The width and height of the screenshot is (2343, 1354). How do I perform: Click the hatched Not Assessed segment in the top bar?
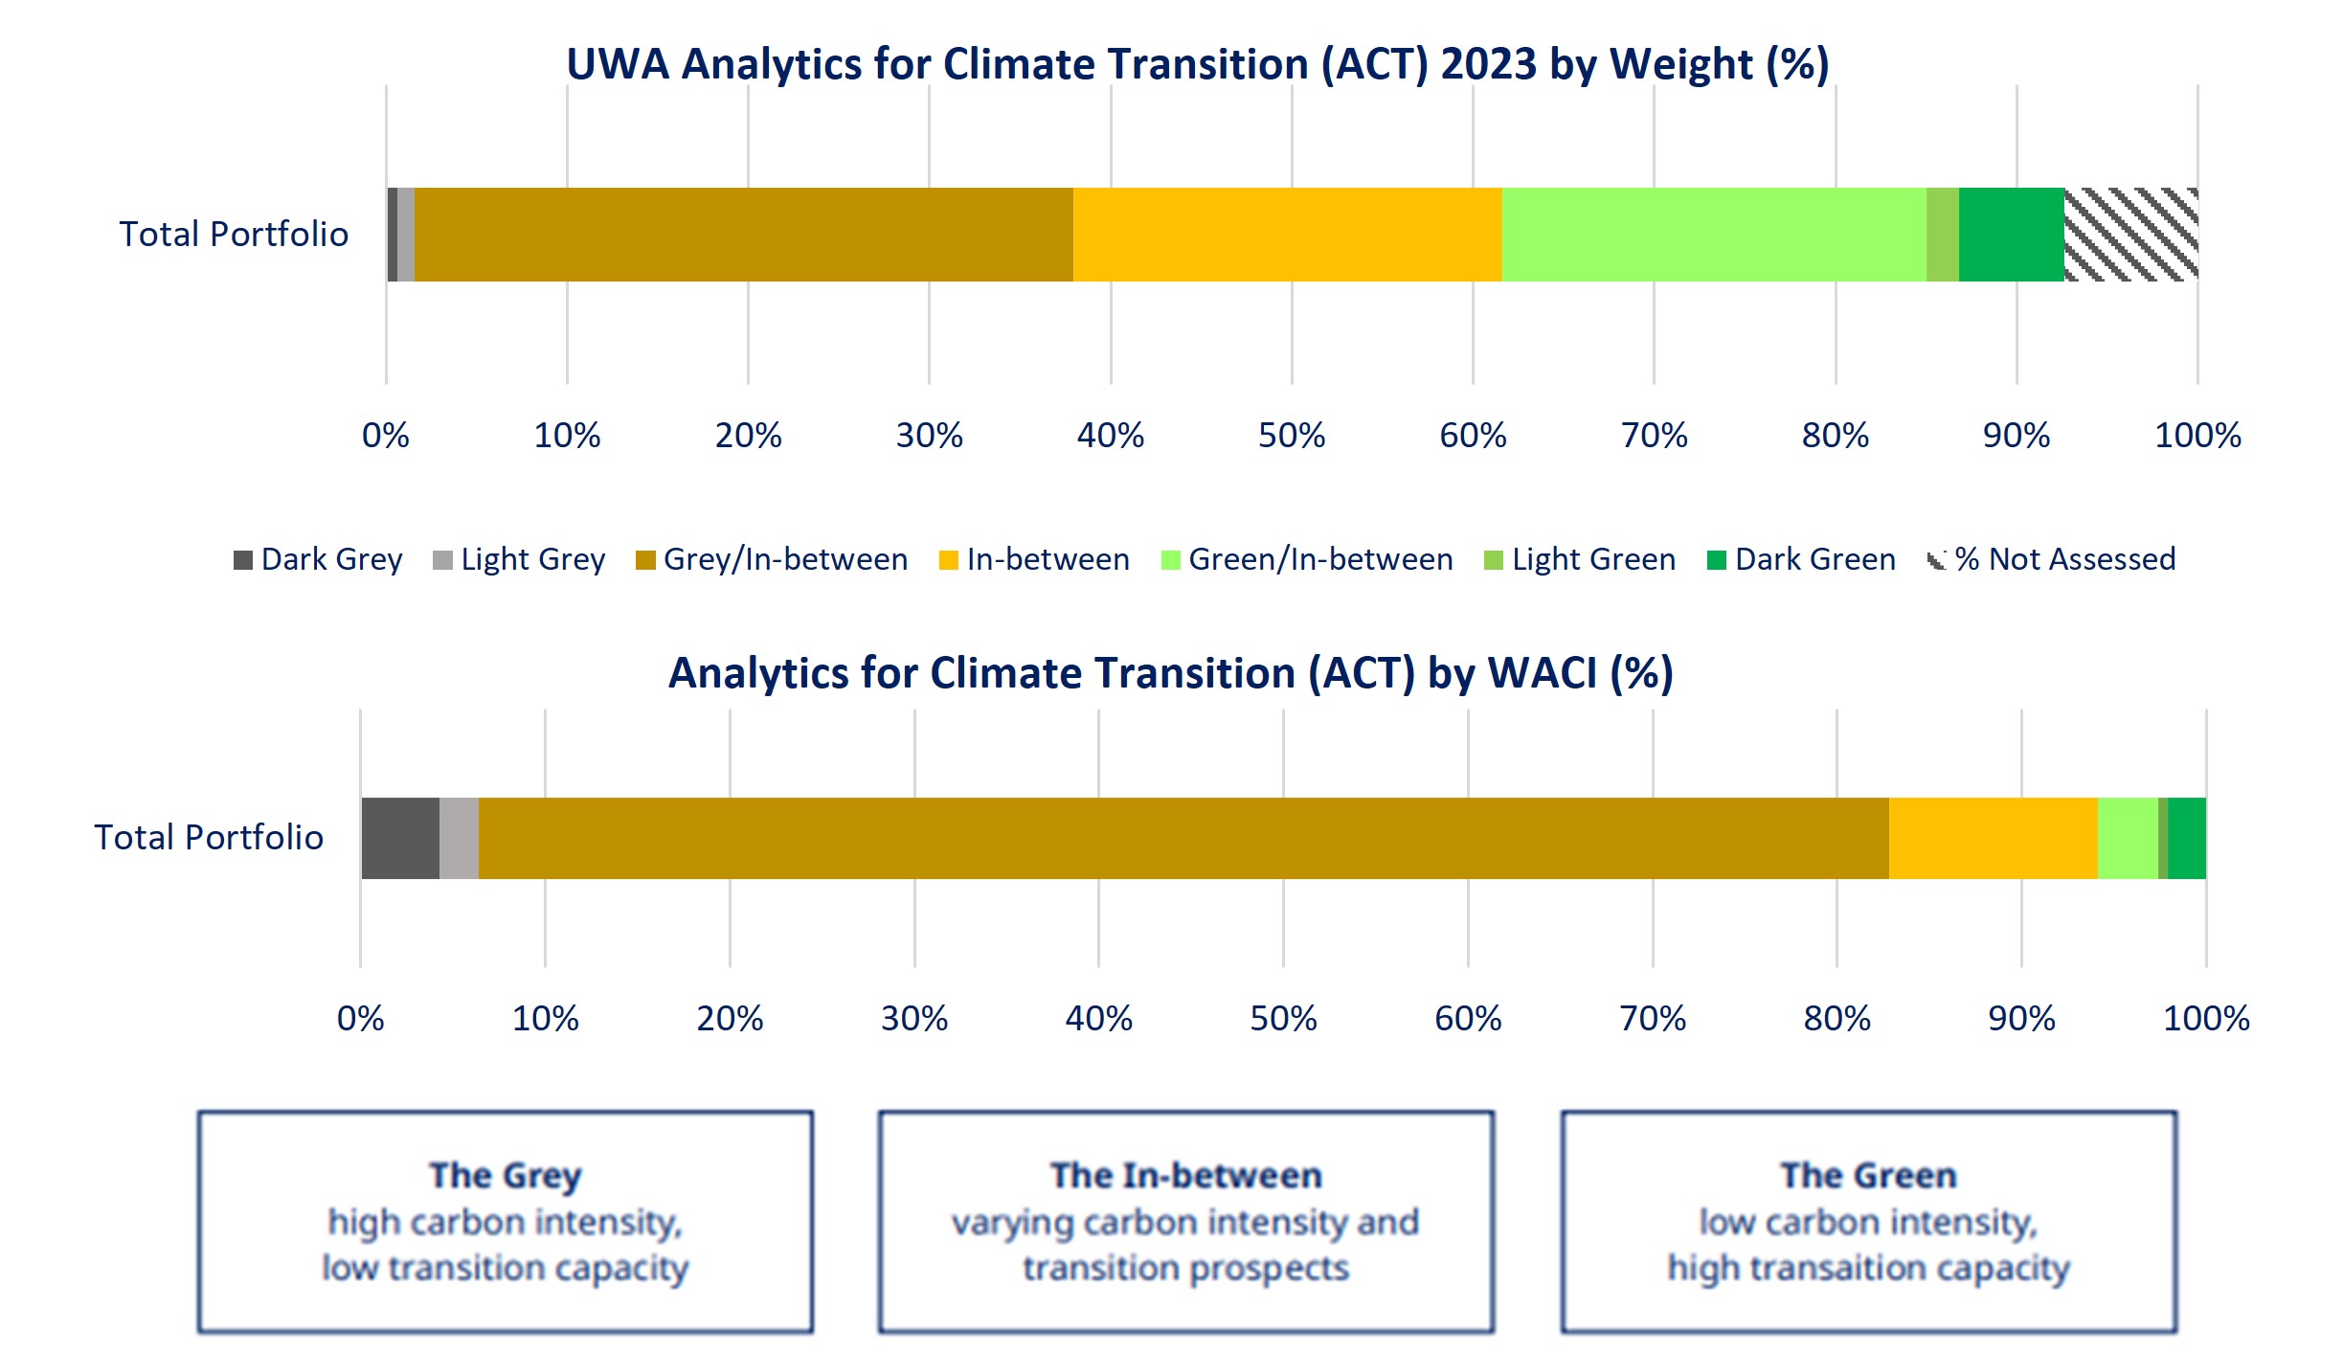pyautogui.click(x=2130, y=235)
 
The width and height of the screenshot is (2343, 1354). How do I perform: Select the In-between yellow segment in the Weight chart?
pyautogui.click(x=1287, y=235)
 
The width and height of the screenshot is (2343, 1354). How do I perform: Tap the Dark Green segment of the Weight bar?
pyautogui.click(x=2011, y=235)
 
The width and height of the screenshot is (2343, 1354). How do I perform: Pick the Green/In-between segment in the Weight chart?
pyautogui.click(x=1714, y=235)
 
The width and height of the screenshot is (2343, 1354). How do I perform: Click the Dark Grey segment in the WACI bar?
pyautogui.click(x=400, y=838)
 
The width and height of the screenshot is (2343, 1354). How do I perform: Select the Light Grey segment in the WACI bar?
pyautogui.click(x=459, y=838)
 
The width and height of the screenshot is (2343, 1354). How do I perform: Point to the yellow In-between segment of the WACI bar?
pyautogui.click(x=1993, y=838)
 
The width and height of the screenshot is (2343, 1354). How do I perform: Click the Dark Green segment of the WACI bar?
pyautogui.click(x=2187, y=838)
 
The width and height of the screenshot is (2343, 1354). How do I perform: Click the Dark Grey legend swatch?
pyautogui.click(x=243, y=560)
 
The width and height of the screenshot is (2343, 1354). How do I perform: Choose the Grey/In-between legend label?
pyautogui.click(x=785, y=559)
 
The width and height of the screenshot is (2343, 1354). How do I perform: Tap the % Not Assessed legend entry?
pyautogui.click(x=2052, y=559)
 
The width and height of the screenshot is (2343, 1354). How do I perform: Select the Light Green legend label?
pyautogui.click(x=1594, y=559)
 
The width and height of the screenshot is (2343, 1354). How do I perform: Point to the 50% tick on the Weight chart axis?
pyautogui.click(x=1292, y=436)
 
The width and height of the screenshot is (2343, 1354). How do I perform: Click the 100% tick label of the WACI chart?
pyautogui.click(x=2206, y=1018)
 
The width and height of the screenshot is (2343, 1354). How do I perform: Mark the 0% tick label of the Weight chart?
pyautogui.click(x=386, y=436)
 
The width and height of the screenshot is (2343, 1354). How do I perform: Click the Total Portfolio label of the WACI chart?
pyautogui.click(x=209, y=837)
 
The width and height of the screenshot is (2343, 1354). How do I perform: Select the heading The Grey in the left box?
pyautogui.click(x=506, y=1175)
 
